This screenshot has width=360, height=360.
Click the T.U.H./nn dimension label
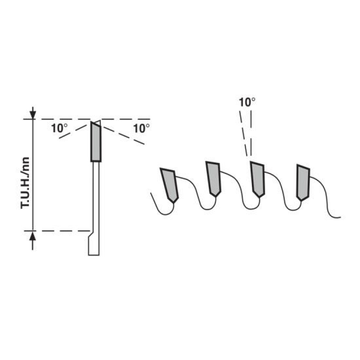point(25,183)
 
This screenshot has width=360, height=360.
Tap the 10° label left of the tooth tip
point(59,128)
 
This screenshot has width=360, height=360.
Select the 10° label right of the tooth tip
point(141,129)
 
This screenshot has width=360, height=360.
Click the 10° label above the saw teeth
point(247,103)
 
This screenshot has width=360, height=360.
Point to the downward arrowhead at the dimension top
point(33,115)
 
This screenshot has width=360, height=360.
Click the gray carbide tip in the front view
point(96,142)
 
